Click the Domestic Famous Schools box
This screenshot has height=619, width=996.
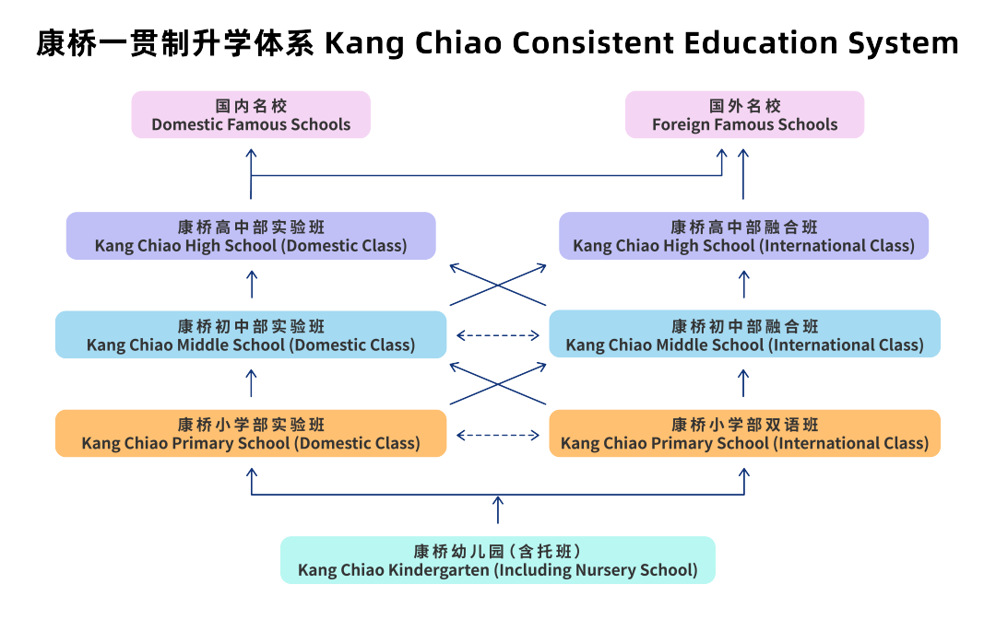pos(251,115)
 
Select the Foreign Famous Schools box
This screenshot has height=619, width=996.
pos(745,115)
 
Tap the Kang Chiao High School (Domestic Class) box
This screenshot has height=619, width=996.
pos(251,236)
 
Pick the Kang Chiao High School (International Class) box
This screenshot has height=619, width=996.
pos(744,236)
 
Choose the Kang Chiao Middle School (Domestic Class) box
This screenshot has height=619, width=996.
pos(251,335)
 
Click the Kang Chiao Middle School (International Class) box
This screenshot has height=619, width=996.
pos(744,335)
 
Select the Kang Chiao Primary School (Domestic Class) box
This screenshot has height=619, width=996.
pos(251,434)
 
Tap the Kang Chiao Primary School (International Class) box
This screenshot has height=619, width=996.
pos(744,434)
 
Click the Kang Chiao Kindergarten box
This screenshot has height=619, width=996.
pos(498,560)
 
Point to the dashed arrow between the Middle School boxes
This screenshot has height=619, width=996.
pos(498,335)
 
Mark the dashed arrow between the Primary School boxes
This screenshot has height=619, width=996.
pos(498,435)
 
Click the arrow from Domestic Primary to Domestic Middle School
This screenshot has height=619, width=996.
pos(252,383)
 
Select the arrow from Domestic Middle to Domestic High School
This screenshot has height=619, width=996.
pos(252,284)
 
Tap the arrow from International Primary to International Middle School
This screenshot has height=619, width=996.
pos(744,383)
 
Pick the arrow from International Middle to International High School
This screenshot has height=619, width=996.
pos(744,284)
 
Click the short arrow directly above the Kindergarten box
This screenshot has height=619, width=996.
pos(498,509)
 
